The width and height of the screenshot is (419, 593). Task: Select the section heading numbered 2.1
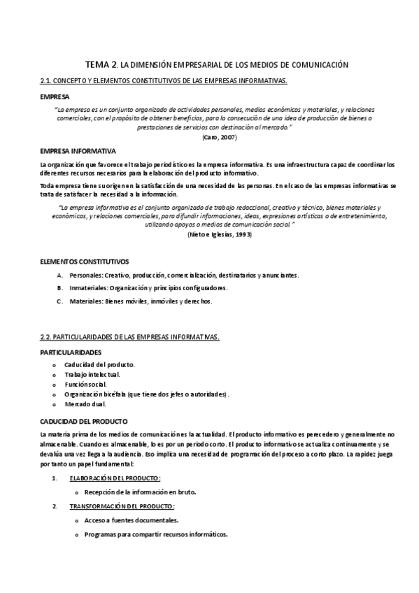coord(164,81)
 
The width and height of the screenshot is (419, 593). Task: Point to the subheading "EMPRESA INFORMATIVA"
coord(78,150)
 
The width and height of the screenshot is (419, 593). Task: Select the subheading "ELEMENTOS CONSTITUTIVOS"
coord(84,262)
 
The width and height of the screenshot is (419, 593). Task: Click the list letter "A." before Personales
coord(61,275)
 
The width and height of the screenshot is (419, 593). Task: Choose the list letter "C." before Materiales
coord(61,301)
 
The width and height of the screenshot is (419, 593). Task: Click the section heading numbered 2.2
coord(130,338)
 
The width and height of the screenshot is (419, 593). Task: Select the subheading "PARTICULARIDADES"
coord(71,352)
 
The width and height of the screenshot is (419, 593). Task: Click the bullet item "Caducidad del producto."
coord(99,365)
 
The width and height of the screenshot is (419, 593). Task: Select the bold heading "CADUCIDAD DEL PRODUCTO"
coord(84,422)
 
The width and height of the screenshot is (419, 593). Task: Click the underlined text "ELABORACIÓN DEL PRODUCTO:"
coord(115,478)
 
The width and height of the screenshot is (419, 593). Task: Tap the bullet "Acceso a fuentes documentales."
coord(131,520)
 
